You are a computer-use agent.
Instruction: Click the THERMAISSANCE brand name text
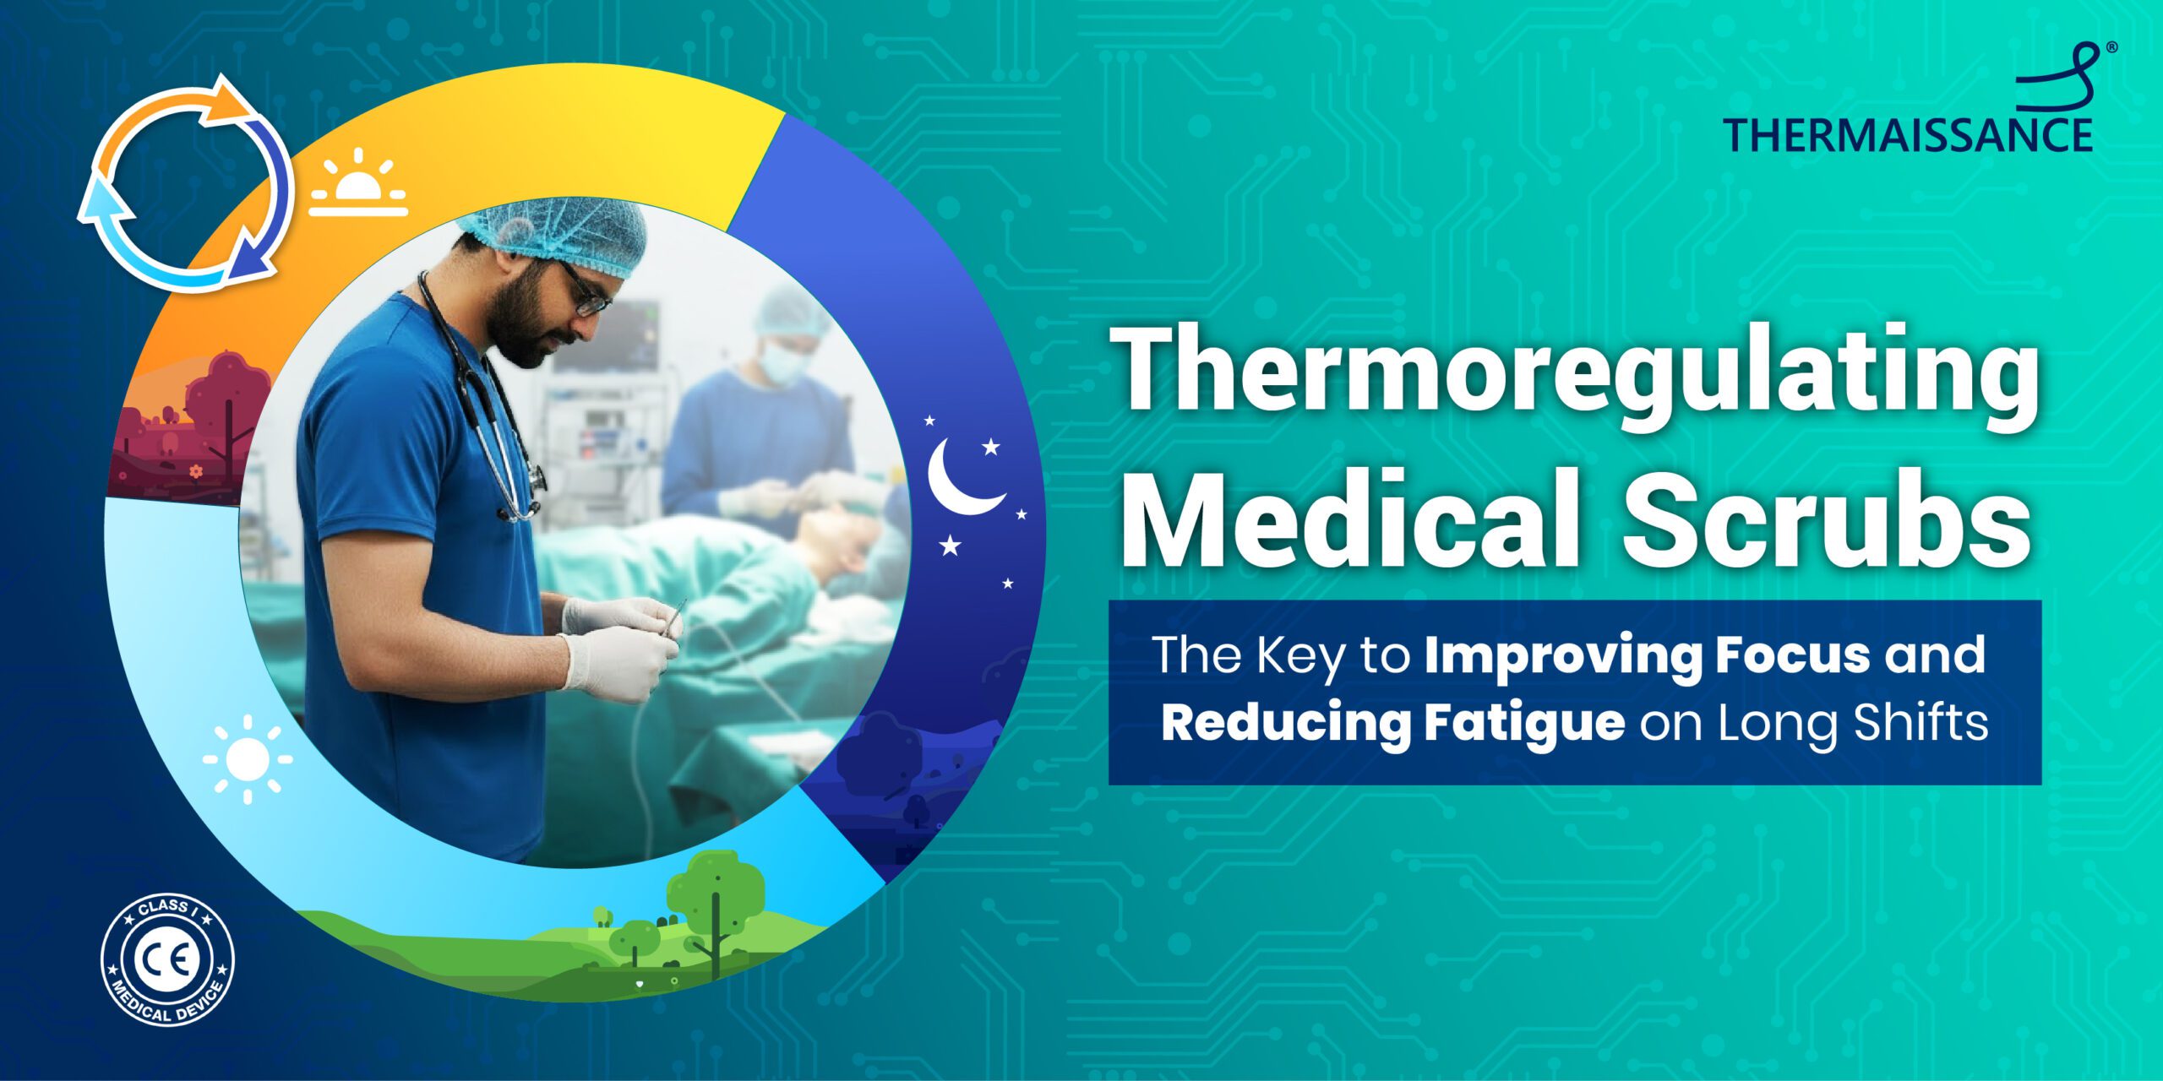click(x=1908, y=135)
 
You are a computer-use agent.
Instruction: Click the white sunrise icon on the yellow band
click(x=358, y=182)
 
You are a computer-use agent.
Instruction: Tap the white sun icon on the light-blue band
click(x=248, y=759)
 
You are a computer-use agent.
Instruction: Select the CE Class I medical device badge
click(x=168, y=960)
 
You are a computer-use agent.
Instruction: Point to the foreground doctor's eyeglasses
click(x=583, y=291)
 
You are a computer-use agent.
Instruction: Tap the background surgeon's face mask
click(x=782, y=361)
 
